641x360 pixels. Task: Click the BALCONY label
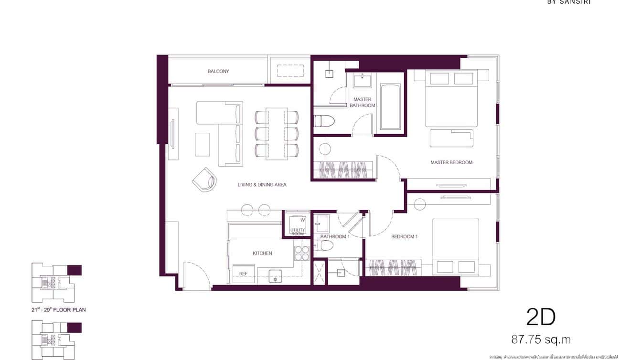coord(218,71)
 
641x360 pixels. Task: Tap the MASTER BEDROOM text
coord(451,162)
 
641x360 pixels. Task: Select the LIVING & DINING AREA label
coord(262,184)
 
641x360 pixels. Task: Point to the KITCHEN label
coord(262,253)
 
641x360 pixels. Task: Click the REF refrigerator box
coord(243,274)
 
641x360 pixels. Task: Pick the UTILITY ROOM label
coord(298,232)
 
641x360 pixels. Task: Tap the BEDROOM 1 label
coord(404,236)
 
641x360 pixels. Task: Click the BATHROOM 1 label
coord(335,236)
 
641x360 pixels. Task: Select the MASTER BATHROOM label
coord(362,102)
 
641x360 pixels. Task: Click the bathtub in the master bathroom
coord(390,107)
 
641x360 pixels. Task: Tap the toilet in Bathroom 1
coord(326,245)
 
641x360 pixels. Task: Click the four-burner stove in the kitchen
coord(302,253)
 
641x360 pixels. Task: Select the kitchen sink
coord(276,275)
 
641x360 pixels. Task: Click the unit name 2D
coord(541,317)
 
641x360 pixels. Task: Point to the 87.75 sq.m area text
coord(541,339)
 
